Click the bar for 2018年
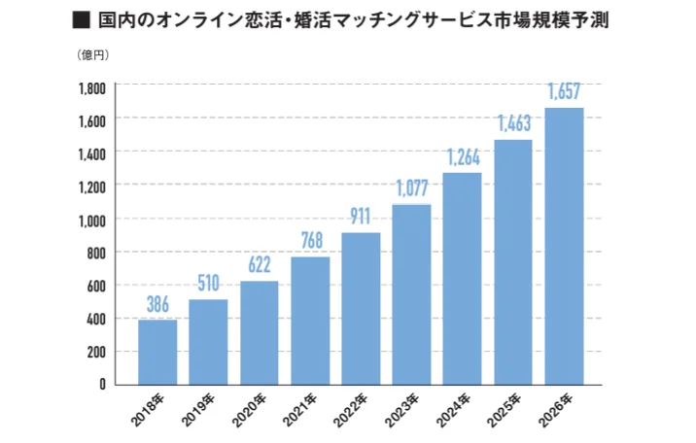tap(157, 352)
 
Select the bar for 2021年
tap(310, 321)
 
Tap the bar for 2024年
tap(462, 278)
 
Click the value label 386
tap(157, 304)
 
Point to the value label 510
tap(208, 284)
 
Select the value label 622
tap(259, 265)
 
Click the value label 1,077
tap(411, 187)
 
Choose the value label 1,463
tap(513, 123)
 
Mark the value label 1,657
tap(564, 92)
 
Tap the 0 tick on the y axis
tap(102, 385)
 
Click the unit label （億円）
tap(92, 54)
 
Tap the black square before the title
tap(82, 18)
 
